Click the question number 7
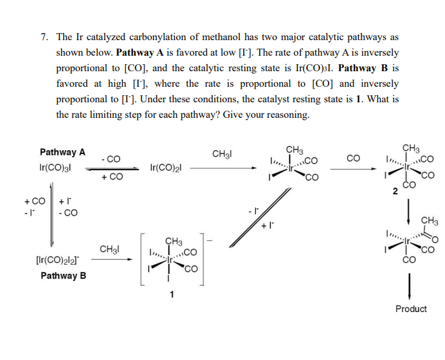[x=43, y=38]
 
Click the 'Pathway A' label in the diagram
[x=62, y=153]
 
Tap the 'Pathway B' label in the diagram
[x=63, y=276]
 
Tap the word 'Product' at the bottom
[x=411, y=309]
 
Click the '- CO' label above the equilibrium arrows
[x=111, y=159]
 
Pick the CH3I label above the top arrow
[x=222, y=154]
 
